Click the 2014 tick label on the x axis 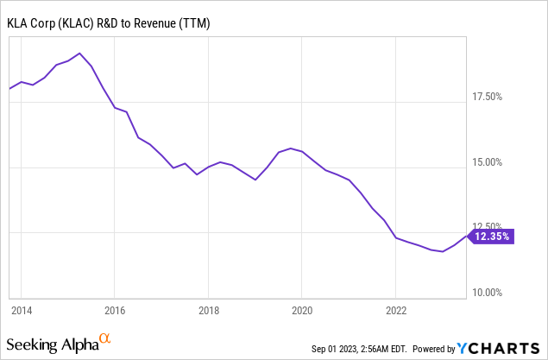point(22,309)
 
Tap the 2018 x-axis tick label point(208,309)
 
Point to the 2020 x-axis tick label point(301,309)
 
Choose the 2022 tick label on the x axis point(395,309)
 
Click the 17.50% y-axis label point(495,97)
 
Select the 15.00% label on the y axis point(495,162)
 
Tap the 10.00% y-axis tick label point(495,293)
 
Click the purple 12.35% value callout point(493,235)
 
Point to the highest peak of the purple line point(79,54)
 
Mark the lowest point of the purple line point(443,251)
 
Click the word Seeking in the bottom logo point(35,345)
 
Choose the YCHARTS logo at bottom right point(500,349)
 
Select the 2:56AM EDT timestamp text point(391,350)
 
